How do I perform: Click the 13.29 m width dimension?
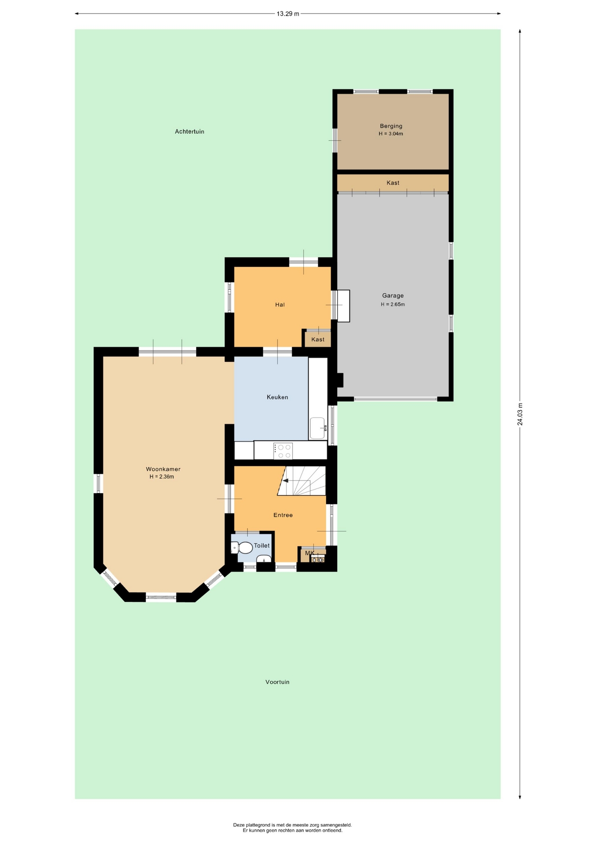(x=288, y=14)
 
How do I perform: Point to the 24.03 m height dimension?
(x=520, y=415)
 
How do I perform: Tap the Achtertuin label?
(x=189, y=131)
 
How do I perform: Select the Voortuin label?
(x=277, y=682)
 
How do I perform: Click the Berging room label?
(x=391, y=126)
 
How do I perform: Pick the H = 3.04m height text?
(x=391, y=134)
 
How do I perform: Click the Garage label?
(x=393, y=296)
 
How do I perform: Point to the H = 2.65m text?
(x=393, y=304)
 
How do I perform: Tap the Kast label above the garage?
(x=393, y=183)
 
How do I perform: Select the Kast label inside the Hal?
(x=318, y=339)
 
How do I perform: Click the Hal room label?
(x=280, y=305)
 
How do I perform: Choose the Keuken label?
(x=277, y=397)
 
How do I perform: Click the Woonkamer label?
(x=163, y=469)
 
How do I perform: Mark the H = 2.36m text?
(x=162, y=477)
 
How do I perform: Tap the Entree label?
(x=283, y=515)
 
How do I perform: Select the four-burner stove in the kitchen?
(x=283, y=451)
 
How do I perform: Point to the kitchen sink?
(x=318, y=428)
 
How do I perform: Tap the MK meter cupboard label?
(x=309, y=553)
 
